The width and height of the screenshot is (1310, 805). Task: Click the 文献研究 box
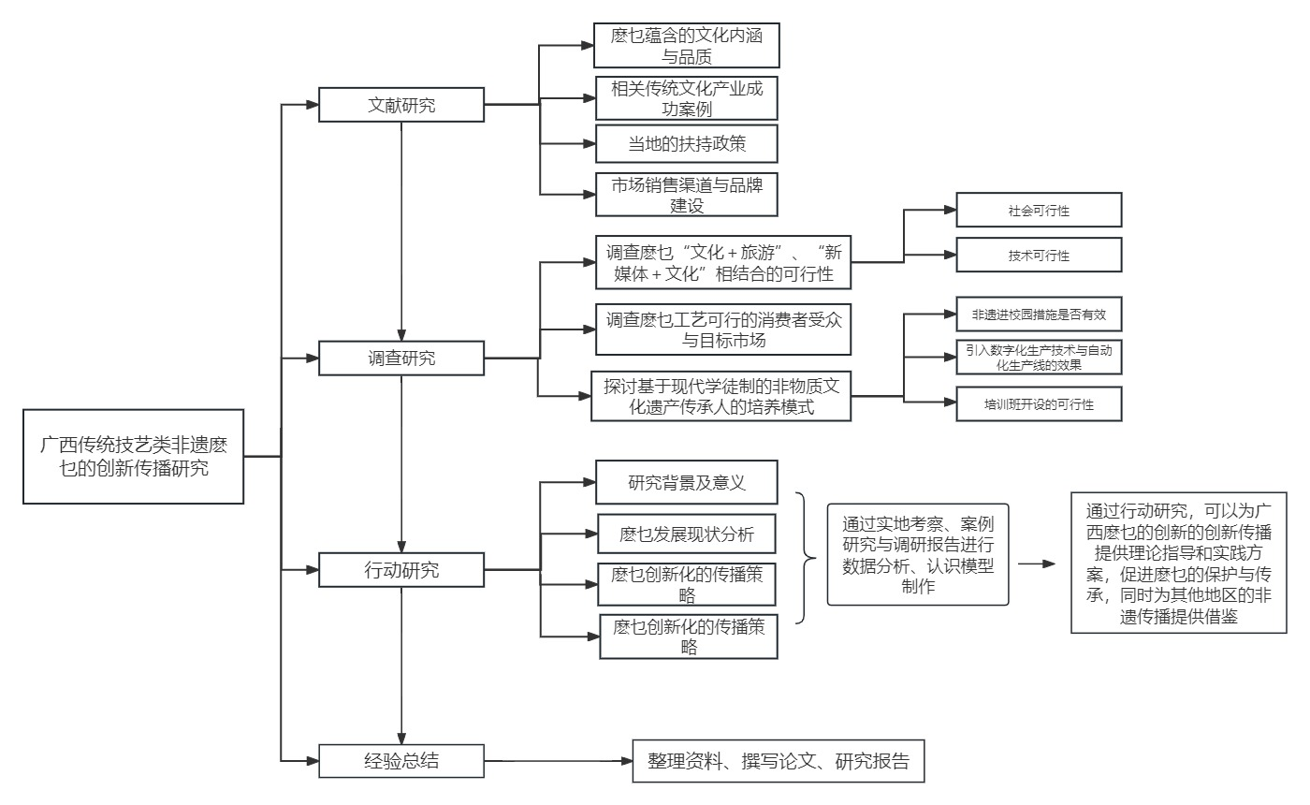[x=401, y=105]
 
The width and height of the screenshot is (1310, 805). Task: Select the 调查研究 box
[x=401, y=357]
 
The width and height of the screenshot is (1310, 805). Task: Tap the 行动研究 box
[x=401, y=568]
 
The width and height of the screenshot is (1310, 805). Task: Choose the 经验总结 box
[x=401, y=760]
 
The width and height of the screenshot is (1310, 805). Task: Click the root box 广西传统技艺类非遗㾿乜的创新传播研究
[x=134, y=456]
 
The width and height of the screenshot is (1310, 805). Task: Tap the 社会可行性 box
[x=1038, y=211]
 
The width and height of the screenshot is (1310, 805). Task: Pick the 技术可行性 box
[x=1038, y=255]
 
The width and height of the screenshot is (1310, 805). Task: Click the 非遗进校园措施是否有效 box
[x=1038, y=315]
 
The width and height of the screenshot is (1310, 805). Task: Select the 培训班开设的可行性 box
[x=1038, y=403]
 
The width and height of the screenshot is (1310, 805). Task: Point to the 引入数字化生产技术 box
[x=1038, y=358]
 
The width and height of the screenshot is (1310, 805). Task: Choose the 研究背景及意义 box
[x=687, y=483]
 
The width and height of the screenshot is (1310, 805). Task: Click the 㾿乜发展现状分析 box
[x=687, y=534]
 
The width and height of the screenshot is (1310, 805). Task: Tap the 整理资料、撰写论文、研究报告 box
[x=778, y=761]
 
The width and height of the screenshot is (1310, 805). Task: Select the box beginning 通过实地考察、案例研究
[x=918, y=554]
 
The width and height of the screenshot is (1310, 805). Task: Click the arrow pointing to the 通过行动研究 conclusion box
[x=1036, y=564]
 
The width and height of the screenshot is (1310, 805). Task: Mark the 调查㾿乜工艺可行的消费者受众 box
[x=723, y=329]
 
